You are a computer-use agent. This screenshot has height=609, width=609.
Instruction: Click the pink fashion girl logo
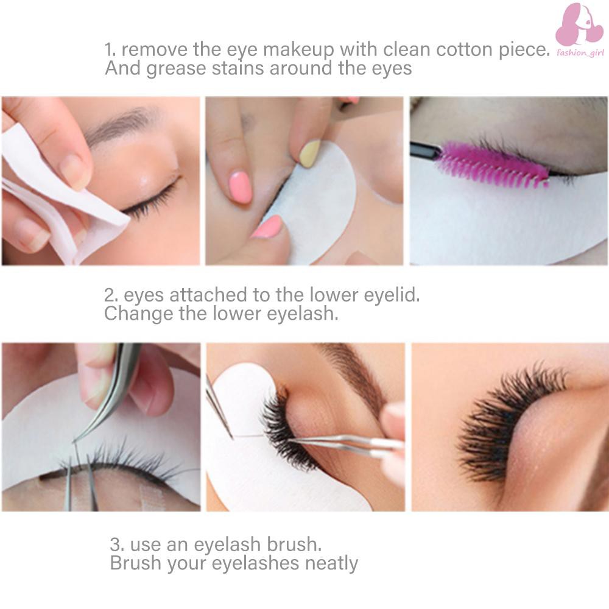click(x=580, y=25)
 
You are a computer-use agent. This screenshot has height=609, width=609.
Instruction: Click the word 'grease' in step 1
click(x=177, y=69)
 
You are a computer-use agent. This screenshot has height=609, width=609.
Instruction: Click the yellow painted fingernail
click(x=310, y=153)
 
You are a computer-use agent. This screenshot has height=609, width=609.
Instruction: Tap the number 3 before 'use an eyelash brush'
click(x=117, y=544)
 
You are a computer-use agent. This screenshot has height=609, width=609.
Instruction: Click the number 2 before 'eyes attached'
click(x=111, y=295)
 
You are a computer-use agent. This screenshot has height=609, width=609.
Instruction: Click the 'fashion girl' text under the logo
click(x=580, y=53)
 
